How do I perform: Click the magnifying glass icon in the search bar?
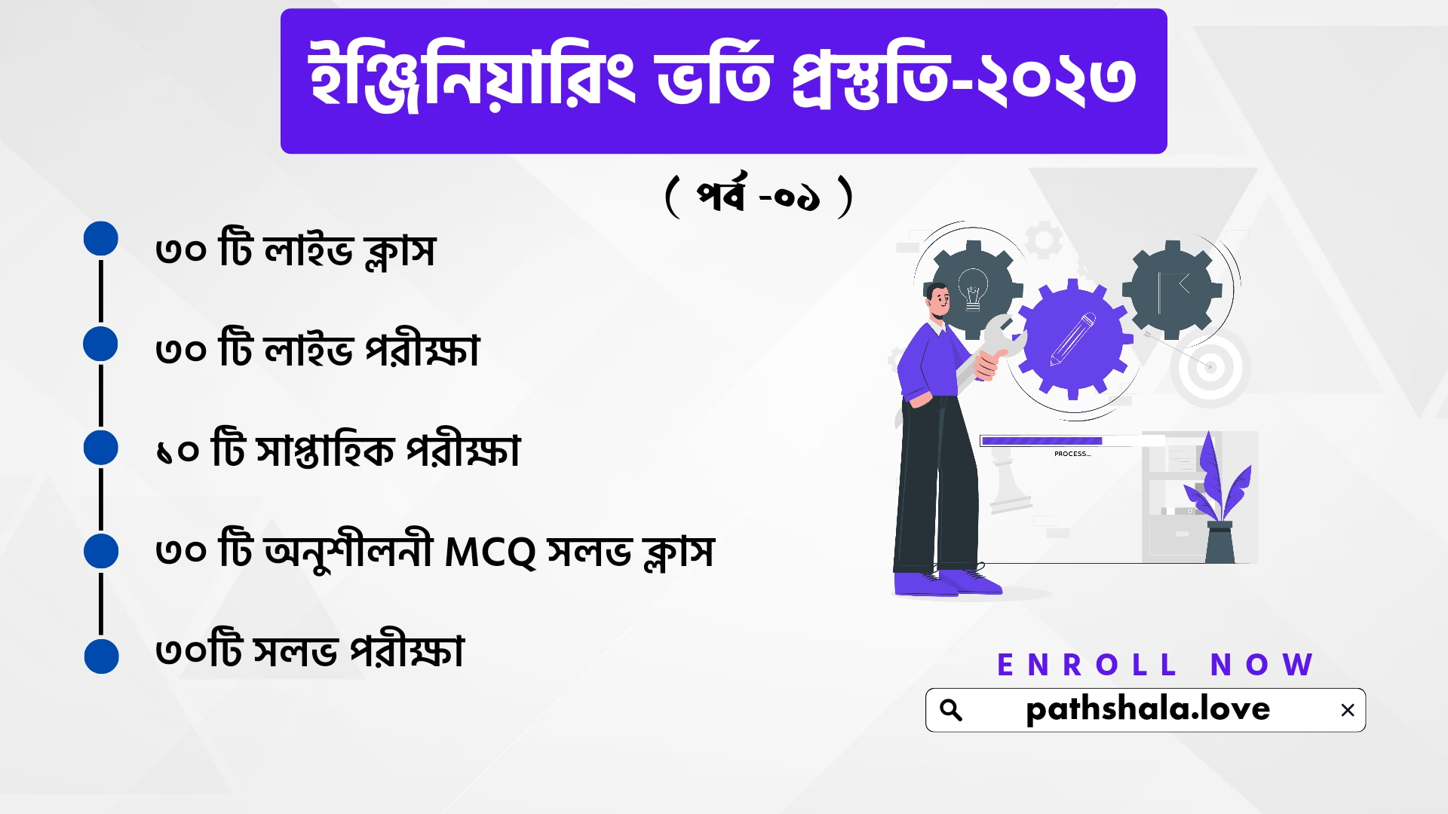point(951,710)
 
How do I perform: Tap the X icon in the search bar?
point(1348,710)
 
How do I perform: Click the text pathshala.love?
point(1148,709)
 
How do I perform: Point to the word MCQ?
point(490,552)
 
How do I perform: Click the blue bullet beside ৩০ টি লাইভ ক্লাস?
point(101,239)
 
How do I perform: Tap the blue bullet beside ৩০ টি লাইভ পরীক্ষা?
point(101,344)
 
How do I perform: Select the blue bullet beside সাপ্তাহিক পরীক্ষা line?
point(101,448)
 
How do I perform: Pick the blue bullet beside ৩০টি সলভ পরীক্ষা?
point(101,656)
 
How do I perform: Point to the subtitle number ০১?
point(797,198)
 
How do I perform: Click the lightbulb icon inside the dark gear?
point(973,289)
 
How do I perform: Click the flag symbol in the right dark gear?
point(1173,291)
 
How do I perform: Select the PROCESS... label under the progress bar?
point(1072,454)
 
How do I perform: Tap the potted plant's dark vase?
point(1219,542)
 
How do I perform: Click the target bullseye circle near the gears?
point(1210,368)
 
